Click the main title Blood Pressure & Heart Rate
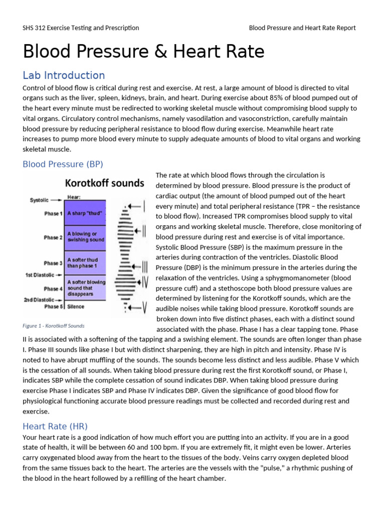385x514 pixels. [x=143, y=52]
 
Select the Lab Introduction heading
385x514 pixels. [x=64, y=75]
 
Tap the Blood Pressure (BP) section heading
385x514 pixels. [x=63, y=164]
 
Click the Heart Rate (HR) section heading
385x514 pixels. [x=55, y=426]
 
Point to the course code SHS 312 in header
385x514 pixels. [x=38, y=28]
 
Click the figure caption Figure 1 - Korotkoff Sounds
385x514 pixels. [x=54, y=326]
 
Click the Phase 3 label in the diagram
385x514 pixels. [x=52, y=263]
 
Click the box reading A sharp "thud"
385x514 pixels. [x=85, y=213]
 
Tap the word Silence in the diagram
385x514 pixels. [x=75, y=306]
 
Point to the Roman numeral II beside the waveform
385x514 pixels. [x=143, y=231]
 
